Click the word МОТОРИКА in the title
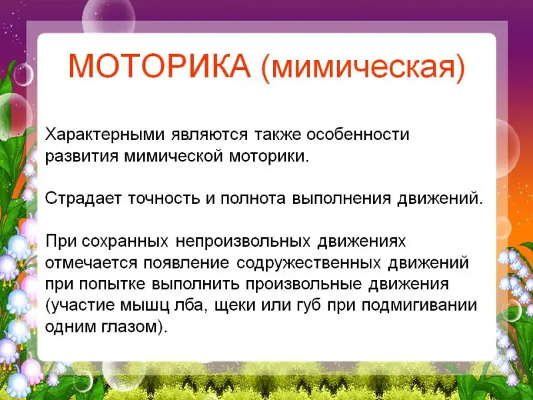click(x=159, y=65)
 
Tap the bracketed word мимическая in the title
click(x=363, y=68)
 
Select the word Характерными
click(x=105, y=135)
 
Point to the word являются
click(x=210, y=135)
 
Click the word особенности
click(x=358, y=135)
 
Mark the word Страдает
click(x=83, y=198)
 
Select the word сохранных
click(x=125, y=241)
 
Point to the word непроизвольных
click(x=243, y=241)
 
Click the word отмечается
click(x=91, y=263)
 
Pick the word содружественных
click(x=308, y=263)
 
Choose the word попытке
click(x=112, y=285)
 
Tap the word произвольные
click(x=304, y=285)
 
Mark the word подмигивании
click(x=420, y=305)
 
